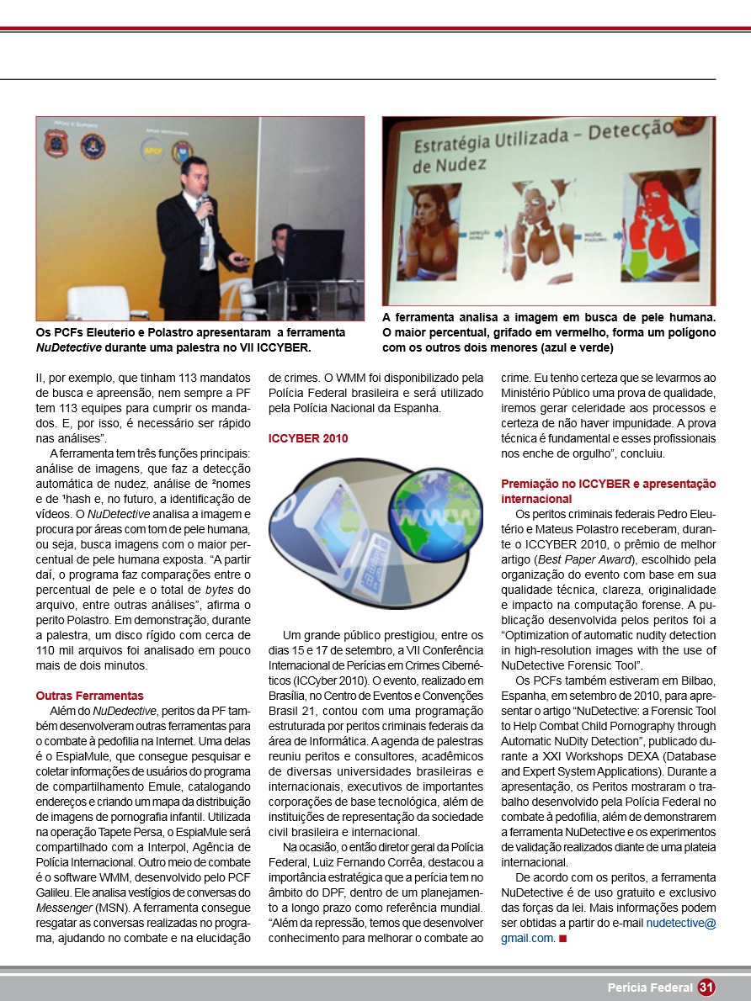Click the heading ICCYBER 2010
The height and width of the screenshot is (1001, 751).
308,438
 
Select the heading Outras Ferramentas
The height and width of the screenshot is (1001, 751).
89,696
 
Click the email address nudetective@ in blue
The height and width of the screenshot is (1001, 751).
681,923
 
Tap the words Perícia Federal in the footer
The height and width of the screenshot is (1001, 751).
650,988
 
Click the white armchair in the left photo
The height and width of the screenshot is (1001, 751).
96,302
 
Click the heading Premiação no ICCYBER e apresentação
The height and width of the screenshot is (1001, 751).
608,484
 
